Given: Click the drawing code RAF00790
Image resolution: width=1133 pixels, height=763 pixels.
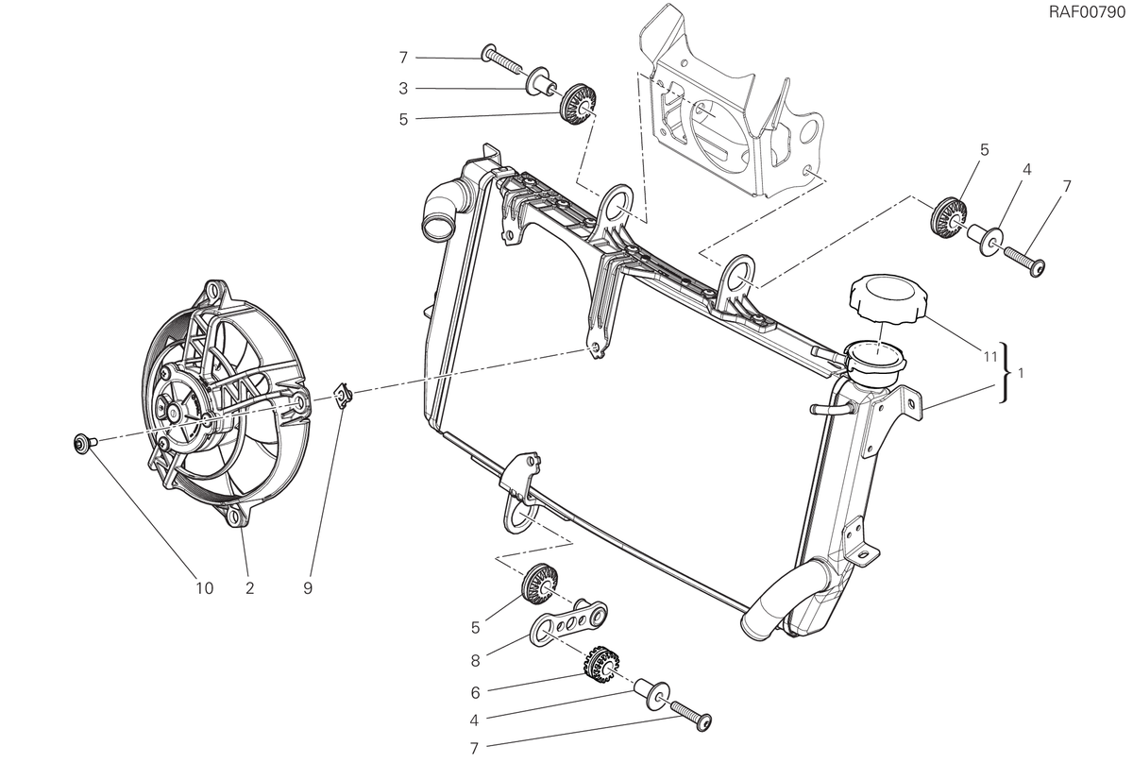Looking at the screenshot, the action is pyautogui.click(x=1086, y=12).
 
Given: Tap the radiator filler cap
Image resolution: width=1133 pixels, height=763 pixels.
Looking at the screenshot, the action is pyautogui.click(x=887, y=298).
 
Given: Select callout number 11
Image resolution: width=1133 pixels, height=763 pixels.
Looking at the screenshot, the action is pyautogui.click(x=989, y=357).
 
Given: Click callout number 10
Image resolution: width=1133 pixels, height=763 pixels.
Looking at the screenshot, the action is pyautogui.click(x=205, y=588).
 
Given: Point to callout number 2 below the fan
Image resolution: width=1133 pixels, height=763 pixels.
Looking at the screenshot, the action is pyautogui.click(x=249, y=588).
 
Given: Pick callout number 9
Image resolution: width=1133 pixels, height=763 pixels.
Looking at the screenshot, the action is pyautogui.click(x=308, y=588).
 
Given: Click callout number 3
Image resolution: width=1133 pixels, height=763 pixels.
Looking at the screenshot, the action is pyautogui.click(x=403, y=89).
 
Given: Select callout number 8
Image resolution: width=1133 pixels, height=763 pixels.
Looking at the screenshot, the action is pyautogui.click(x=475, y=660).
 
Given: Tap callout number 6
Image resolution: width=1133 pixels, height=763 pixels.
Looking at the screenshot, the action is pyautogui.click(x=475, y=692).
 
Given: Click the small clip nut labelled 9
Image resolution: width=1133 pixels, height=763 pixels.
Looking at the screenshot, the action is pyautogui.click(x=344, y=392).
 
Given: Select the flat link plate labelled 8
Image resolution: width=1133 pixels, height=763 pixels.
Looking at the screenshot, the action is pyautogui.click(x=568, y=623).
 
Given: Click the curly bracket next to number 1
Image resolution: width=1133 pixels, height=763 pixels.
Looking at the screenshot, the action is pyautogui.click(x=1006, y=373).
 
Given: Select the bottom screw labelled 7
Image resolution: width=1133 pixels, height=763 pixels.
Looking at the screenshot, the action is pyautogui.click(x=691, y=715).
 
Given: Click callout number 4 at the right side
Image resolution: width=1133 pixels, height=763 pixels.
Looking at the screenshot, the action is pyautogui.click(x=1026, y=169).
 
